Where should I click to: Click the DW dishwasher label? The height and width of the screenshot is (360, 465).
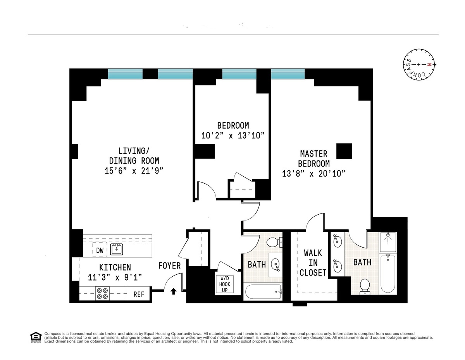(100, 251)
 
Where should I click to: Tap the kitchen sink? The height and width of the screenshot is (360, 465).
(116, 249)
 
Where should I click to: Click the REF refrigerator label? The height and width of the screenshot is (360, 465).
(139, 295)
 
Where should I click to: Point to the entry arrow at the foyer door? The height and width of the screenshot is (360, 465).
(174, 291)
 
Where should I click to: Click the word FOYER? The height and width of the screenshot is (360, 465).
(169, 266)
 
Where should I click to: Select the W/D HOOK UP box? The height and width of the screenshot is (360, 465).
(225, 284)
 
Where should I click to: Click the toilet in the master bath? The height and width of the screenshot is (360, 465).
(364, 286)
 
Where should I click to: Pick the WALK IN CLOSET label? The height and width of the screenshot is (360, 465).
(313, 263)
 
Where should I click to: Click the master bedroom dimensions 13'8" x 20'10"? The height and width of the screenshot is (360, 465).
(313, 173)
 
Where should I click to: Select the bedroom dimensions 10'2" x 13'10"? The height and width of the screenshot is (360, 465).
(233, 136)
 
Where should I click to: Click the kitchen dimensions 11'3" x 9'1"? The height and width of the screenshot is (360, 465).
(115, 277)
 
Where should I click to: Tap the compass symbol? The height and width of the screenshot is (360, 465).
(419, 65)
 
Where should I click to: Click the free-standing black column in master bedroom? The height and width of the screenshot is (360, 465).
(344, 151)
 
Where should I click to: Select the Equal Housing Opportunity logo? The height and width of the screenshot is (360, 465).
(35, 337)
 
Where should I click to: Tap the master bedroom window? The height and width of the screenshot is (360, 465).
(288, 74)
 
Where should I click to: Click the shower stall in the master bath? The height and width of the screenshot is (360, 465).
(387, 242)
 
